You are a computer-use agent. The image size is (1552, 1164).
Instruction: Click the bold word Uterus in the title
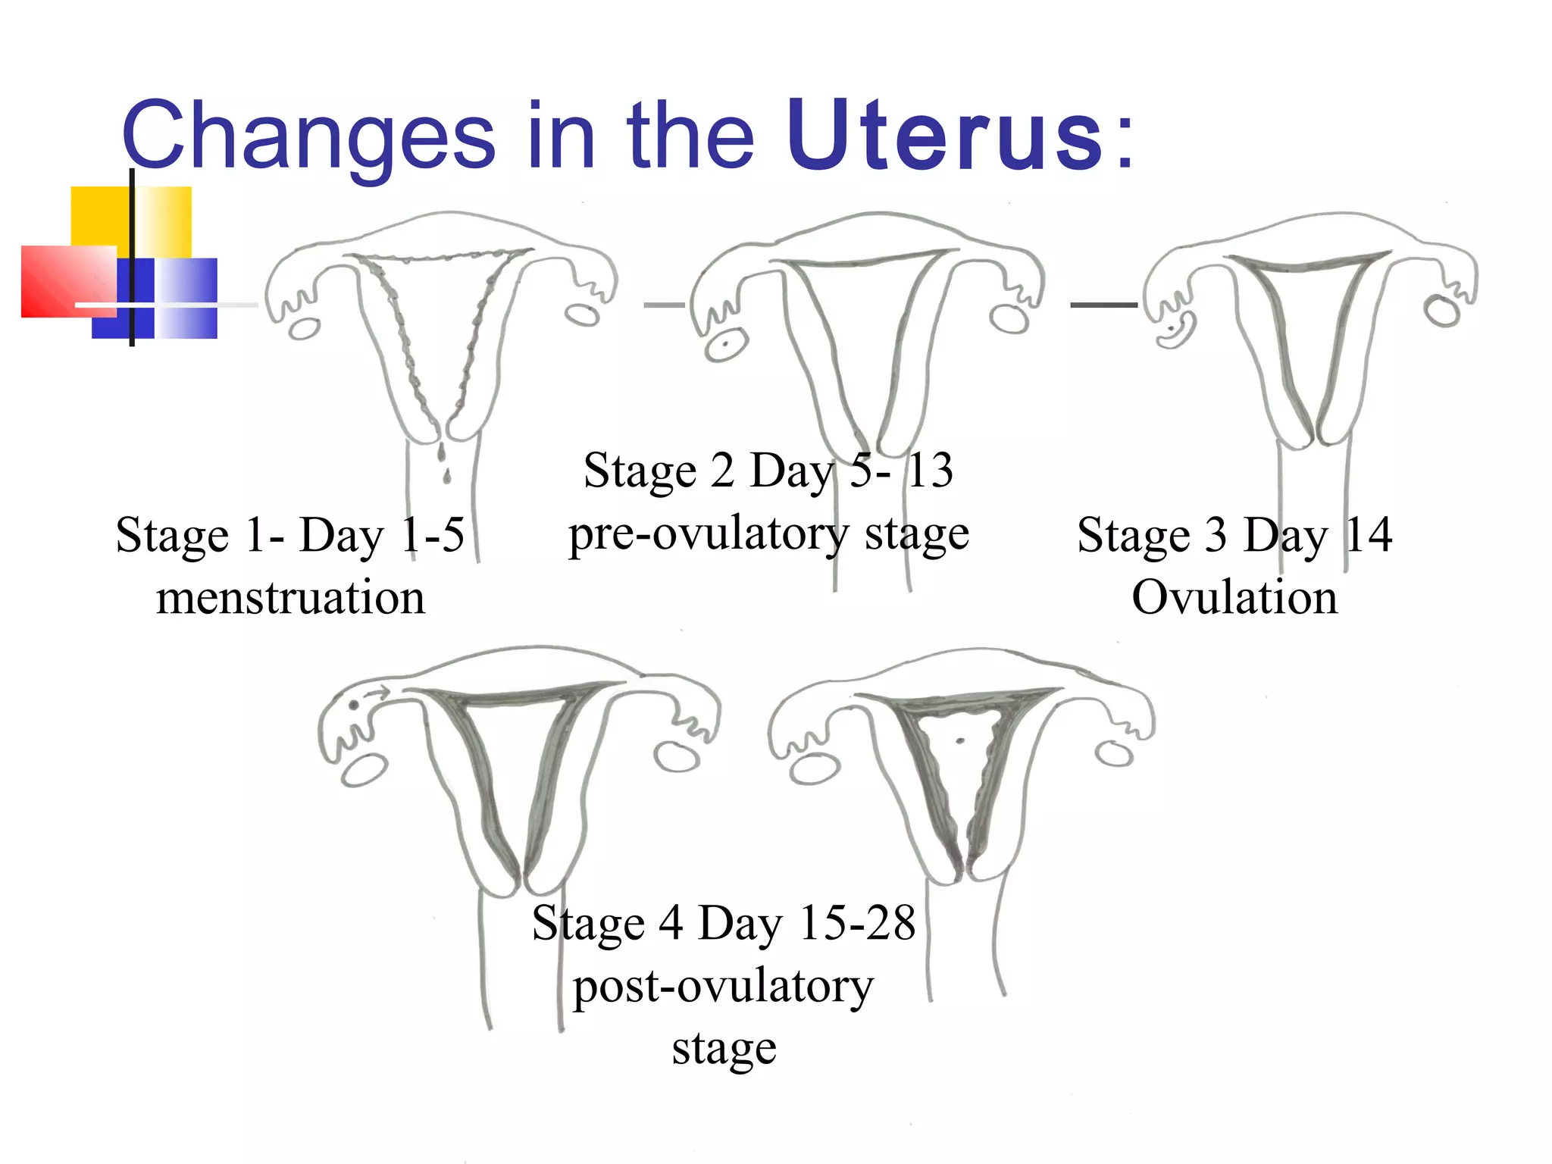coord(944,136)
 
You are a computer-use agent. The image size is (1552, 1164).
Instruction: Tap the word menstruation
coord(290,598)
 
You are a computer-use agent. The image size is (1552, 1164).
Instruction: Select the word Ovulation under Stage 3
coord(1234,598)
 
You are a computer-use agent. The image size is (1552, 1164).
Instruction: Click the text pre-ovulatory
coord(708,534)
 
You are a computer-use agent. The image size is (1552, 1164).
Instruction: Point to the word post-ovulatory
coord(723,987)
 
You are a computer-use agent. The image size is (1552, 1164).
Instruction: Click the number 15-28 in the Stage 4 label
coord(857,923)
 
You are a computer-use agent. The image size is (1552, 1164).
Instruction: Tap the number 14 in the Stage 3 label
coord(1369,535)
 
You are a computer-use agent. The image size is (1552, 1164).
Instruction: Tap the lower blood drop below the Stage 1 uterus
coord(446,476)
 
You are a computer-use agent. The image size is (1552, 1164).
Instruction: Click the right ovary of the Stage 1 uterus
coord(584,314)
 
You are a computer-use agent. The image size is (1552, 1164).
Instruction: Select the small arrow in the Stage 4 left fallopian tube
coord(377,690)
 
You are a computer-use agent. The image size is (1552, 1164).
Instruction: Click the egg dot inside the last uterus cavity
coord(961,740)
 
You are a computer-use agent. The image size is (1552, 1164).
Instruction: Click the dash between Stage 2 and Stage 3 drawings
coord(1103,305)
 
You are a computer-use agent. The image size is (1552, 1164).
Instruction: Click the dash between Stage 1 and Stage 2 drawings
coord(664,305)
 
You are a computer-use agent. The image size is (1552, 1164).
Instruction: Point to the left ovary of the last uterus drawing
coord(814,769)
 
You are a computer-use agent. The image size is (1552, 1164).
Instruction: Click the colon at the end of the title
coord(1125,140)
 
